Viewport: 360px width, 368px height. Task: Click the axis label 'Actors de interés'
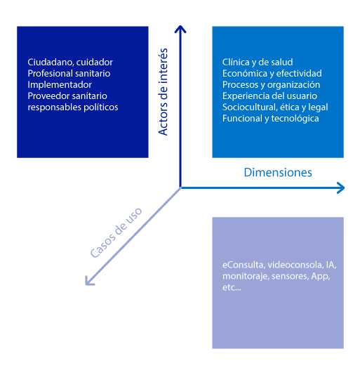[163, 92]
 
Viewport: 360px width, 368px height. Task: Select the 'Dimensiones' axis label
[278, 173]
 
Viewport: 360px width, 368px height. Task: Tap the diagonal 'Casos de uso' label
[116, 232]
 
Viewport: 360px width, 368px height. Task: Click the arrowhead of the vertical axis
[180, 29]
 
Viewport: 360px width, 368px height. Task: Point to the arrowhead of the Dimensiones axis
[341, 188]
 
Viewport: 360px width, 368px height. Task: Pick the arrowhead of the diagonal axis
[89, 281]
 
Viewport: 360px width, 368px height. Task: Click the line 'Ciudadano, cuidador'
[70, 63]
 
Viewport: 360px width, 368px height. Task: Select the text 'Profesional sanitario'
[69, 74]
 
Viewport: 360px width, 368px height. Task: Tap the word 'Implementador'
[60, 85]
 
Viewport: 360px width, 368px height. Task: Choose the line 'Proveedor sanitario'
[67, 96]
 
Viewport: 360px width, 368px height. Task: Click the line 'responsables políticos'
[73, 107]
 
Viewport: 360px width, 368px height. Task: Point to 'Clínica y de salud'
[258, 63]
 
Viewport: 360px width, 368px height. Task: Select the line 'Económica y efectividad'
[272, 74]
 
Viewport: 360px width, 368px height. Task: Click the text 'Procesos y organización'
[271, 85]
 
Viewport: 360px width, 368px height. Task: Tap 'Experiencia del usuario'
[269, 96]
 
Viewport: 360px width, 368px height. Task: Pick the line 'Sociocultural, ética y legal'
[275, 107]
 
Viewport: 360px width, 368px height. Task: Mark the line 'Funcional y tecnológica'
[271, 119]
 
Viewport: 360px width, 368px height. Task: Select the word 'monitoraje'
[246, 276]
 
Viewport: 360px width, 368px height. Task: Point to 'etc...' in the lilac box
[232, 287]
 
